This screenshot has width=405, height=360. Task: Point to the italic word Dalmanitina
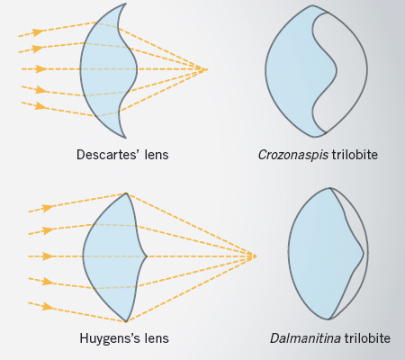(x=305, y=338)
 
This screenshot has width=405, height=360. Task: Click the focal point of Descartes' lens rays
(x=206, y=69)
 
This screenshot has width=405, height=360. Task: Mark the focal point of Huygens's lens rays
(x=256, y=256)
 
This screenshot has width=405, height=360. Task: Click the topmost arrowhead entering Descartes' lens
(x=38, y=31)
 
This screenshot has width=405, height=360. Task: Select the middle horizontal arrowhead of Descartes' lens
(x=41, y=69)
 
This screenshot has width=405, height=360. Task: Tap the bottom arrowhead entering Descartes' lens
(x=41, y=106)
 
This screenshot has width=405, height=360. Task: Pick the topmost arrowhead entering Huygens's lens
(x=48, y=208)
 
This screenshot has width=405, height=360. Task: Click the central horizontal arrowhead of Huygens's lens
(x=48, y=256)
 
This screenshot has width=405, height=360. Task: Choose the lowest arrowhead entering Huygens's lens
(x=48, y=307)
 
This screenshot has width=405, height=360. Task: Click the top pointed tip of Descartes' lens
(x=125, y=4)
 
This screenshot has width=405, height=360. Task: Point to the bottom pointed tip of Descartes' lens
(x=125, y=138)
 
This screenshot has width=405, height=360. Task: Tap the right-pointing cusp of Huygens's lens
(x=147, y=256)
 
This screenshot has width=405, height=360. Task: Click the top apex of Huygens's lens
(x=126, y=193)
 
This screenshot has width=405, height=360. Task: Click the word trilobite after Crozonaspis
(x=355, y=155)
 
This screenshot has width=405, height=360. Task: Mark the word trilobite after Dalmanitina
(x=367, y=338)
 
